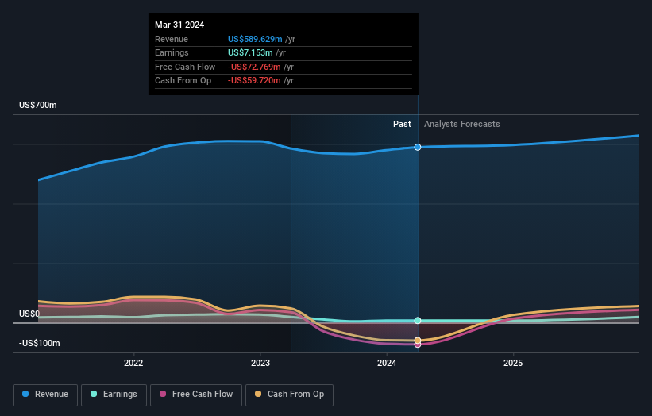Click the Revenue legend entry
46,394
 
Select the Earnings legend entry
114,394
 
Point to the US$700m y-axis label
38,106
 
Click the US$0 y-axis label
29,314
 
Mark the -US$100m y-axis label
39,343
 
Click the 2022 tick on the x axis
133,364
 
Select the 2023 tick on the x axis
260,364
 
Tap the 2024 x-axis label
387,364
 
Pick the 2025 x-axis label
513,364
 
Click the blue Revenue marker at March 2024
418,147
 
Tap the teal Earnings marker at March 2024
418,321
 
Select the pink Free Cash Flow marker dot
418,345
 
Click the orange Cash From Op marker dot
418,341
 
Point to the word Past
402,124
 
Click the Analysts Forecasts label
462,124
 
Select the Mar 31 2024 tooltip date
179,25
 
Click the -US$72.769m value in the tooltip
255,67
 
